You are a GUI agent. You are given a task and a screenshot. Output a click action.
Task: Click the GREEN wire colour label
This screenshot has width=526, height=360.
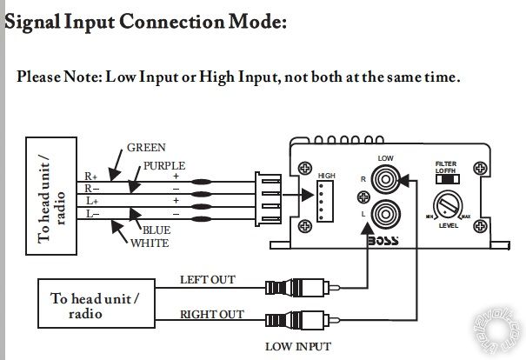(146, 148)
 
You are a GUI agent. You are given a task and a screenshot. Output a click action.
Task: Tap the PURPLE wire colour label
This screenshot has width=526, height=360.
(164, 165)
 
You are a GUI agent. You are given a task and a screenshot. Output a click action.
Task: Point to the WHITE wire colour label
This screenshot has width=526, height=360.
(150, 243)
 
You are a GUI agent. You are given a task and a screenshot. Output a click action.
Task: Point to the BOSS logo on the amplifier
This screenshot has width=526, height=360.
(383, 241)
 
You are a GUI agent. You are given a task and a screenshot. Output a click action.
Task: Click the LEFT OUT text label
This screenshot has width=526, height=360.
(207, 280)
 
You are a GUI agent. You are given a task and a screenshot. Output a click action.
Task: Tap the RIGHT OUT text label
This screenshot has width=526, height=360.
(210, 315)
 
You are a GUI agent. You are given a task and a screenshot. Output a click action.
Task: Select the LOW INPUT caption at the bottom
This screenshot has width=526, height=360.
(297, 347)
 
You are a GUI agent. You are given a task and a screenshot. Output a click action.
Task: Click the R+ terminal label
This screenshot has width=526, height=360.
(91, 177)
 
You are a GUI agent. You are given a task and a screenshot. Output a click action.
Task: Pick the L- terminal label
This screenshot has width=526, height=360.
(91, 213)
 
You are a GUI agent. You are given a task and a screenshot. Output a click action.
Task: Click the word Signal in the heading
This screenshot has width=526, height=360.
(34, 21)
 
